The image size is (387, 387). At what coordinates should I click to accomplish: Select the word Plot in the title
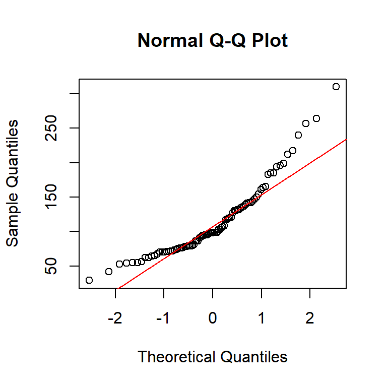(x=269, y=40)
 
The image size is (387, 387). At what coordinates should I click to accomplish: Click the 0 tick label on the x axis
(x=213, y=319)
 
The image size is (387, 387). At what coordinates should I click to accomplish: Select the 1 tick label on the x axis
(x=261, y=319)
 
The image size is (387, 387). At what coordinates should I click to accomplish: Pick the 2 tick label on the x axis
(x=309, y=319)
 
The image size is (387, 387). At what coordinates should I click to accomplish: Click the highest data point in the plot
(x=336, y=87)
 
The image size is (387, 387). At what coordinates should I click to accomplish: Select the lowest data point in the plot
(x=89, y=280)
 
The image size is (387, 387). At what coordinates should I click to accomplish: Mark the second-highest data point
(x=316, y=118)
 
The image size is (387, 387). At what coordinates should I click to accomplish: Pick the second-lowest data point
(x=109, y=272)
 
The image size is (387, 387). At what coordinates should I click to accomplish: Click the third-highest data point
(x=306, y=123)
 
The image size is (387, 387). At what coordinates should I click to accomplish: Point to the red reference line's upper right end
(x=346, y=140)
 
